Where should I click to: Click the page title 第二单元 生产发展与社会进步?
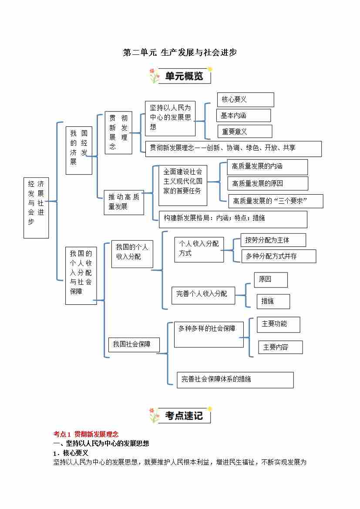[x=180, y=53]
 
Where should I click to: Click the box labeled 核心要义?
[x=246, y=100]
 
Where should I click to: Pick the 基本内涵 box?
[x=243, y=115]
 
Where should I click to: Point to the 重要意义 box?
[x=245, y=131]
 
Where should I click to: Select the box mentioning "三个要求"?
[x=276, y=201]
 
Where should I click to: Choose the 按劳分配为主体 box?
[x=273, y=240]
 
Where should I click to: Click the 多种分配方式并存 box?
[x=279, y=256]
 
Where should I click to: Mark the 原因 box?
[x=270, y=280]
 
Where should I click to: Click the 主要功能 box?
[x=278, y=324]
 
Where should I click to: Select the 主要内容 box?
[x=280, y=347]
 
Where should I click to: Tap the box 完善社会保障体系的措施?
[x=235, y=380]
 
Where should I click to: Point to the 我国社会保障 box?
[x=134, y=344]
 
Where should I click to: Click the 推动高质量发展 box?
[x=124, y=202]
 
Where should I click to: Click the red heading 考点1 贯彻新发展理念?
[x=86, y=434]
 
